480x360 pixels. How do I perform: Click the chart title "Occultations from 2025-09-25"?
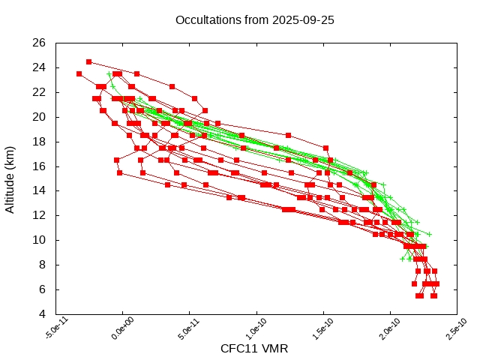click(255, 20)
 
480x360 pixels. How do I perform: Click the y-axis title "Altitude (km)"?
click(10, 178)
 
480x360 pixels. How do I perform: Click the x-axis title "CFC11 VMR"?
click(254, 349)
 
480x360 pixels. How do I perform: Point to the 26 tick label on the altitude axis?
click(40, 43)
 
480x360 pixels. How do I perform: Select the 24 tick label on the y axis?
click(40, 67)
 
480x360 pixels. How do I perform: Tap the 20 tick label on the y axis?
click(40, 117)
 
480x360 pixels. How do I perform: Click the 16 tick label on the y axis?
click(40, 166)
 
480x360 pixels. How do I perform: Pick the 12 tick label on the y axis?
click(40, 215)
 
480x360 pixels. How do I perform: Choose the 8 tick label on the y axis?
click(43, 265)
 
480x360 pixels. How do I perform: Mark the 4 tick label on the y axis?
click(43, 313)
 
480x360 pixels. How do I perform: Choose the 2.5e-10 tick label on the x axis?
click(448, 331)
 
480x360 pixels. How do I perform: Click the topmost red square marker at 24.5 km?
click(89, 61)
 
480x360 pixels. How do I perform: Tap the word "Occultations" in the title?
click(207, 20)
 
